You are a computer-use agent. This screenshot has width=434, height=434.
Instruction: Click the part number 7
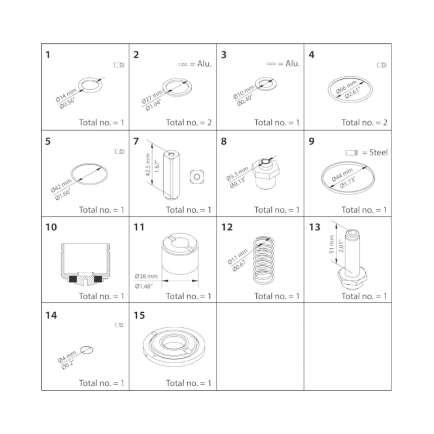click(136, 141)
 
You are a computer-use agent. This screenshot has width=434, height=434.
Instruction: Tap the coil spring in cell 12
click(264, 260)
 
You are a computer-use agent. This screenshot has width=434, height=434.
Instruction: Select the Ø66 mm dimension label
click(346, 87)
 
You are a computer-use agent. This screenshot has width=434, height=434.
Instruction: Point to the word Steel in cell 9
click(379, 152)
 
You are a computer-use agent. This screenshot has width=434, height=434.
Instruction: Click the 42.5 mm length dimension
click(148, 165)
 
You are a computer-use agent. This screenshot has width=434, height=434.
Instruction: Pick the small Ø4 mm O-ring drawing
click(87, 350)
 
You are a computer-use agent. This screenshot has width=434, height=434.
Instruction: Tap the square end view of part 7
click(197, 177)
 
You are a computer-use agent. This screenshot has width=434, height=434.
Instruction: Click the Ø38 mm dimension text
click(146, 276)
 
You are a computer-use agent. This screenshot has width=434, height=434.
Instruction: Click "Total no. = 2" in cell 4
click(364, 122)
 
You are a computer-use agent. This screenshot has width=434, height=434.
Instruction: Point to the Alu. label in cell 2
click(205, 64)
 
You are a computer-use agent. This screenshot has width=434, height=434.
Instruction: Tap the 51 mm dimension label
click(332, 244)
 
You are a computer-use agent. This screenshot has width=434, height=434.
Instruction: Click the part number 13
click(315, 227)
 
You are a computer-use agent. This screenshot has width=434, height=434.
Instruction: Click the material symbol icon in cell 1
click(119, 65)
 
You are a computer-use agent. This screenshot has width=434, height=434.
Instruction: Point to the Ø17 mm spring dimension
click(237, 256)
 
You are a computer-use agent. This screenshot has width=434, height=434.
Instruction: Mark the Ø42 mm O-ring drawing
click(89, 174)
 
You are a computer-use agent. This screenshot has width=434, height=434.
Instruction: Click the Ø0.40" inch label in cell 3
click(245, 100)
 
